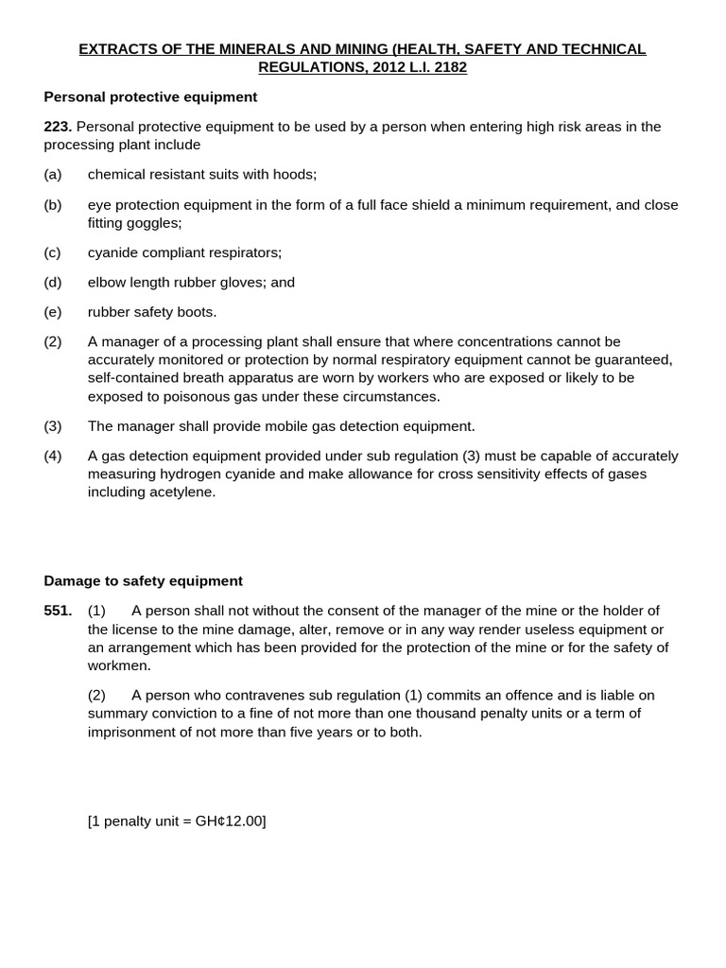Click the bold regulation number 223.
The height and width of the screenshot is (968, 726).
[58, 127]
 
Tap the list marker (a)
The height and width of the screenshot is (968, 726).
[52, 175]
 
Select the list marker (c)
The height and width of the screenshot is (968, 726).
[52, 252]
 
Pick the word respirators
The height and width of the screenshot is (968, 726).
[244, 252]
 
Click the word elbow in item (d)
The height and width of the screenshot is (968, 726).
[107, 283]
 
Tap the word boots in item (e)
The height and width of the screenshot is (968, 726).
[196, 312]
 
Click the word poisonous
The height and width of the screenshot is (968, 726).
[180, 396]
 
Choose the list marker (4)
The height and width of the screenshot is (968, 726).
[52, 456]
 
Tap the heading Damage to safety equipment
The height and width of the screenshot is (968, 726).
[143, 581]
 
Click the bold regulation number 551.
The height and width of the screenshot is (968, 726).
[58, 611]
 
